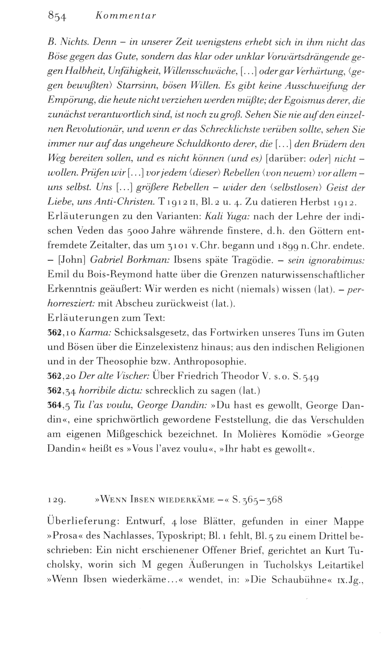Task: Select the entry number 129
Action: coord(56,500)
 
